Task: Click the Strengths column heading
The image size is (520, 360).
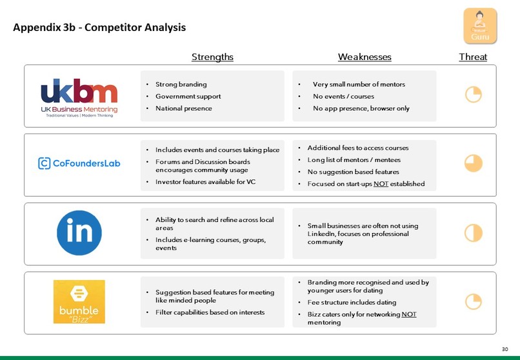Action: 212,57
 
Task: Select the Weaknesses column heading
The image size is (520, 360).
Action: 365,57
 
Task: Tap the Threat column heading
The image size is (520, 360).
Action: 473,57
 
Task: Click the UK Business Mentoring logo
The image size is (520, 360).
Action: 79,98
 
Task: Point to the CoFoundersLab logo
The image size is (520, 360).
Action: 79,163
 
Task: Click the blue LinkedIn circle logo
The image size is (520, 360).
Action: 79,233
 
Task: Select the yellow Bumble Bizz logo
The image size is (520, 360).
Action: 79,302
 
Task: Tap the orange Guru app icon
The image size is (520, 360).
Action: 480,26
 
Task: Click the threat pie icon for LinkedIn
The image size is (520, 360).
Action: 474,233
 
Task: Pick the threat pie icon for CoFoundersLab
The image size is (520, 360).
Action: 474,163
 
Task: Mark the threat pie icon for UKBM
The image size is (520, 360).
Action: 474,94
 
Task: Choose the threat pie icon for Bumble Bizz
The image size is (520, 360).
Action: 474,302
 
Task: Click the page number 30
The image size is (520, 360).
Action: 505,349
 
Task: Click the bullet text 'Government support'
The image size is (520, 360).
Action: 188,97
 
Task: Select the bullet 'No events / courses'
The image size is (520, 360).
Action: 343,97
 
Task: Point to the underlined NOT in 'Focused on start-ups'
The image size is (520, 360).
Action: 381,184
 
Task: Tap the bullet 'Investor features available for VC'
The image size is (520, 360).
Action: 205,182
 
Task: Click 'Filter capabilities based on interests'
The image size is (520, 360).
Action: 210,312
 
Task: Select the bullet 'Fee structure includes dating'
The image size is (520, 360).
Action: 352,303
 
